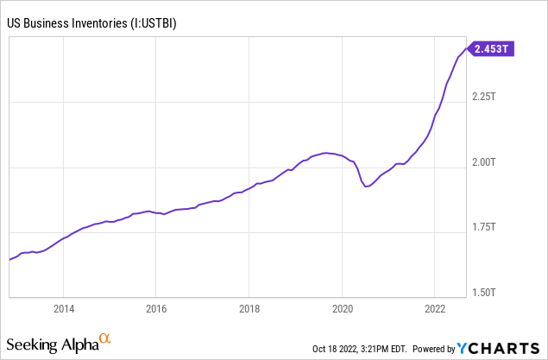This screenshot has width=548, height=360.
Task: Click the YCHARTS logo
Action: [500, 348]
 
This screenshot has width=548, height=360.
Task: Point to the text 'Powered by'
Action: [432, 349]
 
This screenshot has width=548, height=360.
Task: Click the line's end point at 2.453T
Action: [466, 50]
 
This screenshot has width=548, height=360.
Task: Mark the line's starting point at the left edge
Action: [9, 259]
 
